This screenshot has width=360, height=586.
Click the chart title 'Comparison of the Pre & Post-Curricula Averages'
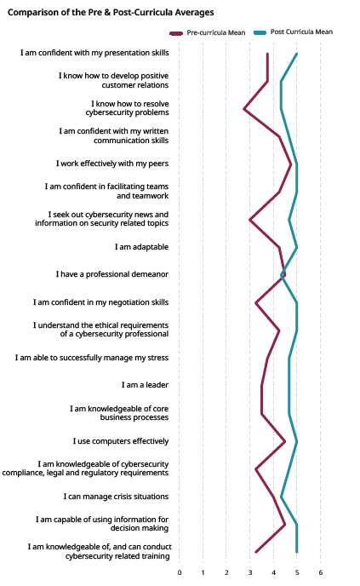(111, 12)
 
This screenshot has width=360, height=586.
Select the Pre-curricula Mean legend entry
(208, 33)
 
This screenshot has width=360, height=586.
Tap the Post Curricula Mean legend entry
(293, 32)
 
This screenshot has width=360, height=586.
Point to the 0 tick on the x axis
(180, 572)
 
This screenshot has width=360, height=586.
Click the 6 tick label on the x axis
(320, 572)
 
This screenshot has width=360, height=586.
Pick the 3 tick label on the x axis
(250, 572)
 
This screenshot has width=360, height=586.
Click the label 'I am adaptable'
(141, 247)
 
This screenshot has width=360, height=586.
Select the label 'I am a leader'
(145, 385)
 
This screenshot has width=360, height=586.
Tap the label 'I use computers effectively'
(121, 441)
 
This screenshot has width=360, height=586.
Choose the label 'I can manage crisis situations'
(116, 497)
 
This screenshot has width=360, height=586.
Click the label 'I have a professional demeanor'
(112, 274)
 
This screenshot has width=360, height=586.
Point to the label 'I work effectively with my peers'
(112, 164)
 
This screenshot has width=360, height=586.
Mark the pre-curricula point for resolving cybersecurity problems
(244, 109)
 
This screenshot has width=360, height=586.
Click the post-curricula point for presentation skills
(296, 54)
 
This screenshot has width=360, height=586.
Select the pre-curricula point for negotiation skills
(256, 302)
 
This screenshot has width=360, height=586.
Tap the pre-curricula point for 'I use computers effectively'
(285, 441)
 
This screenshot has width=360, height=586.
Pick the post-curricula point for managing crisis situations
(281, 497)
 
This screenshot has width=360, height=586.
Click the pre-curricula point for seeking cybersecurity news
(250, 220)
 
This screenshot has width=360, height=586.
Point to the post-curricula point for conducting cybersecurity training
(296, 552)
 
